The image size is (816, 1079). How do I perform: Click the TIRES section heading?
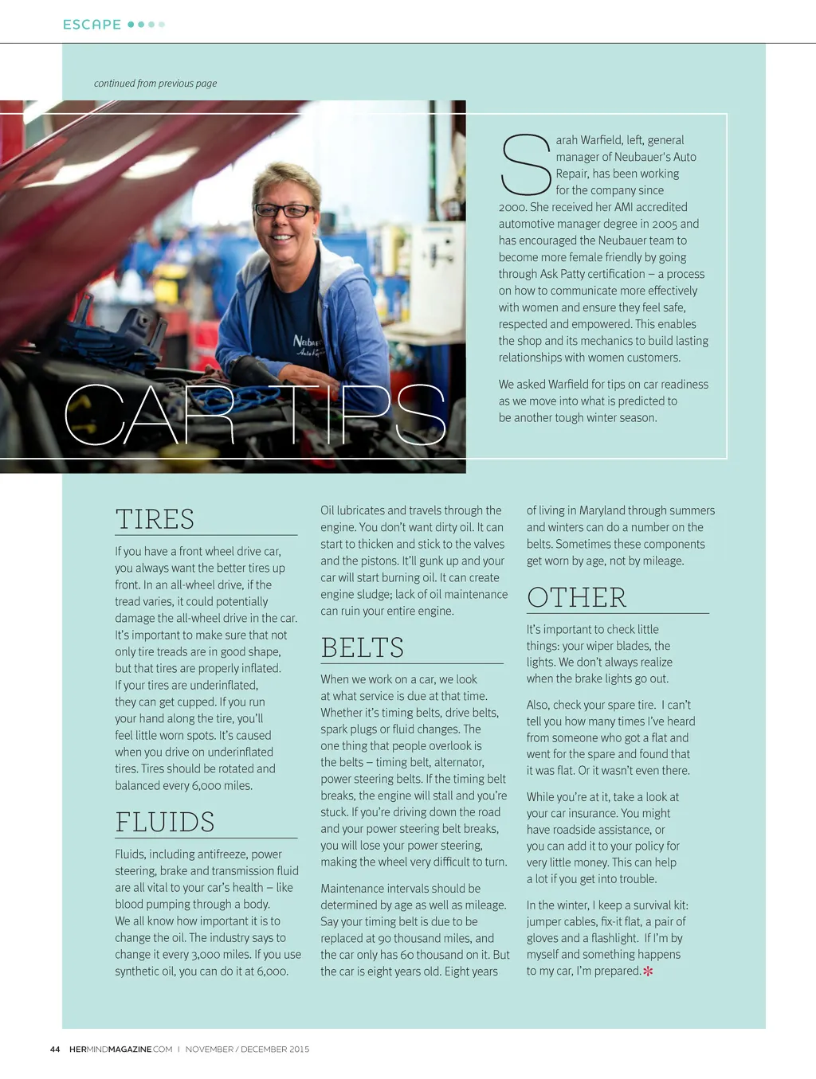click(x=155, y=519)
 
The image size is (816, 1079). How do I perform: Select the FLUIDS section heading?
click(x=165, y=822)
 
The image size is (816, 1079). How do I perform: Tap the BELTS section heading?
click(x=362, y=647)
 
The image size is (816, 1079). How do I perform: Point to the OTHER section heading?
click(x=576, y=597)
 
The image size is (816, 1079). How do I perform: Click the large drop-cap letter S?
click(x=525, y=166)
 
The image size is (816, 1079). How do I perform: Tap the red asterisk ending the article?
click(x=648, y=971)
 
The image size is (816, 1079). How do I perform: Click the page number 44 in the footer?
click(x=55, y=1050)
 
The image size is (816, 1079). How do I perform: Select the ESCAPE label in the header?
click(x=92, y=25)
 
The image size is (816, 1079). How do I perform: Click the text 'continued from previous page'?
click(x=155, y=84)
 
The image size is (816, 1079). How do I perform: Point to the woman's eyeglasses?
click(x=284, y=210)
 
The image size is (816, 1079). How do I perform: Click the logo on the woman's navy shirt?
click(x=305, y=346)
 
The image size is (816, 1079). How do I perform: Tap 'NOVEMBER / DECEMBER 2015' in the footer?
click(x=247, y=1050)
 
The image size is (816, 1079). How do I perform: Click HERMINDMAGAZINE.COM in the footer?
click(x=120, y=1050)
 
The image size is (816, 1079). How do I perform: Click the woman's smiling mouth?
click(x=280, y=237)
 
